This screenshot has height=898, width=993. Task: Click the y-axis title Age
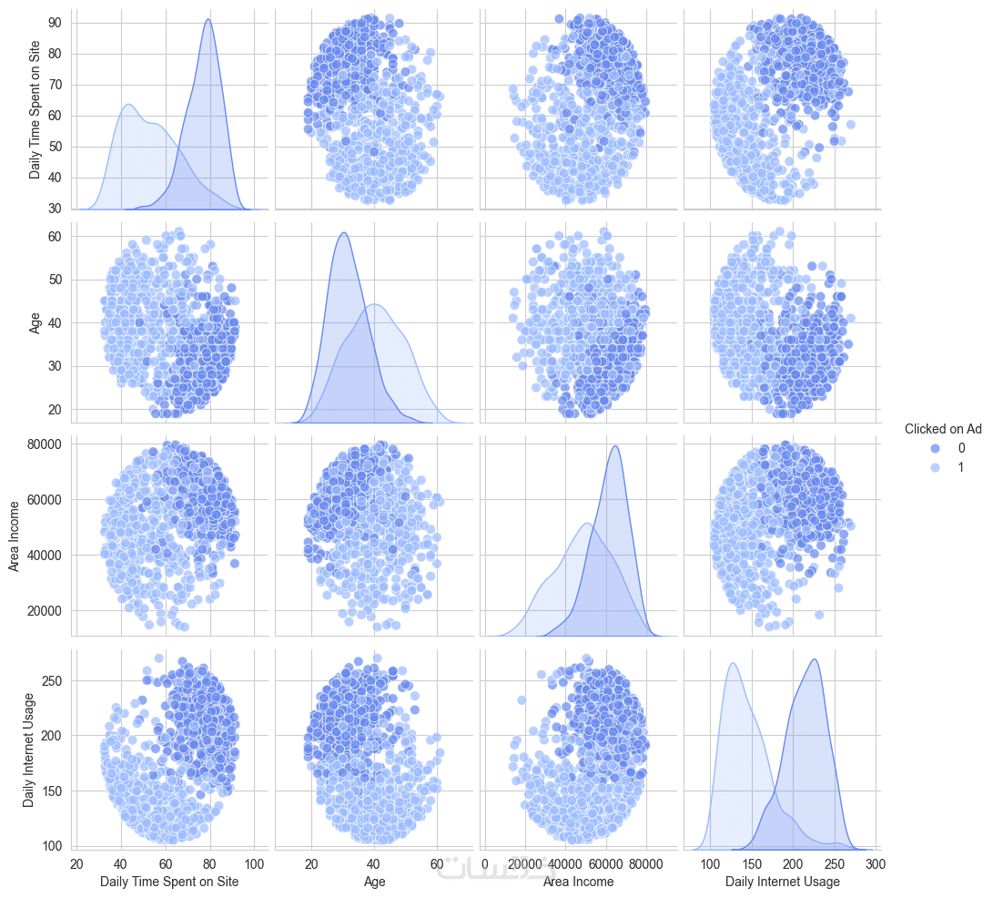(35, 322)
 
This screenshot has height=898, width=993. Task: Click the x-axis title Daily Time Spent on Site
(169, 882)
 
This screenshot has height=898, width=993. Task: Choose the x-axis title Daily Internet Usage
(783, 882)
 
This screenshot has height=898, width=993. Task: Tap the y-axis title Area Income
(14, 536)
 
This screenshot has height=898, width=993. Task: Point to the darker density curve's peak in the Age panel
(343, 233)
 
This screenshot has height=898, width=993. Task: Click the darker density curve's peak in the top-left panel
(209, 19)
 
